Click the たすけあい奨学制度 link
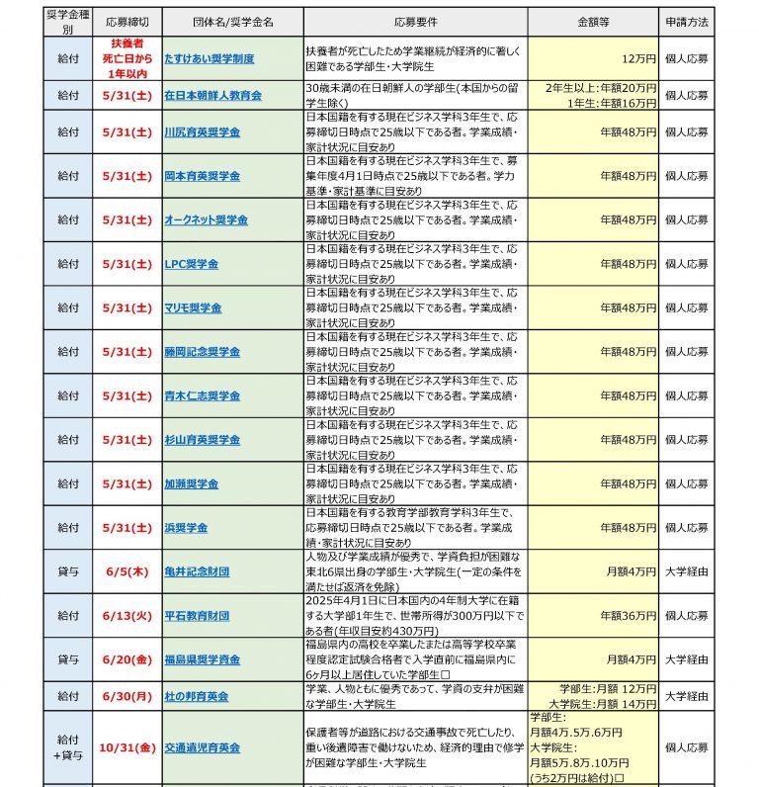210,59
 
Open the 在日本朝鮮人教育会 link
212,96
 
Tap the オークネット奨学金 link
206,219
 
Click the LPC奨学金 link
192,264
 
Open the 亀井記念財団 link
198,571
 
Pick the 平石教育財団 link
198,616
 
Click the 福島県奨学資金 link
203,659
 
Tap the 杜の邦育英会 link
199,696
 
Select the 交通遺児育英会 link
203,748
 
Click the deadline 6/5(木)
126,571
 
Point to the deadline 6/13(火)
126,616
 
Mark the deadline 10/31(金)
126,748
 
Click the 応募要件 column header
415,20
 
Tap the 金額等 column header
594,20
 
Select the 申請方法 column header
686,20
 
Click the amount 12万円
638,59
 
